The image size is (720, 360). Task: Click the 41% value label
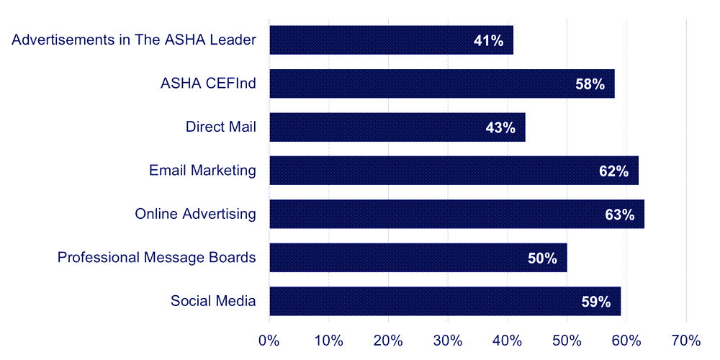pos(488,41)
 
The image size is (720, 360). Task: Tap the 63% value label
pos(619,215)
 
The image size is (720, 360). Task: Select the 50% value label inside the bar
pos(542,258)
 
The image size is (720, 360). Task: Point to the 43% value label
pos(500,128)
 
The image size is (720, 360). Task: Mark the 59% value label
pos(595,302)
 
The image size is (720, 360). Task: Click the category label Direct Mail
pos(220,127)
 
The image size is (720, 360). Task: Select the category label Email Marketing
pos(202,171)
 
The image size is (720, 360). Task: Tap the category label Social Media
pos(213,301)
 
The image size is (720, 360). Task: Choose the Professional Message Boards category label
pos(156,257)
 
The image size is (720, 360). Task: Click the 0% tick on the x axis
pos(269,340)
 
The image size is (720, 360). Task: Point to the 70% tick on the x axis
pos(685,340)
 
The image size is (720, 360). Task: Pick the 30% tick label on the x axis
pos(447,340)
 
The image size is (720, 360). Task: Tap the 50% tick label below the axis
pos(567,340)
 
